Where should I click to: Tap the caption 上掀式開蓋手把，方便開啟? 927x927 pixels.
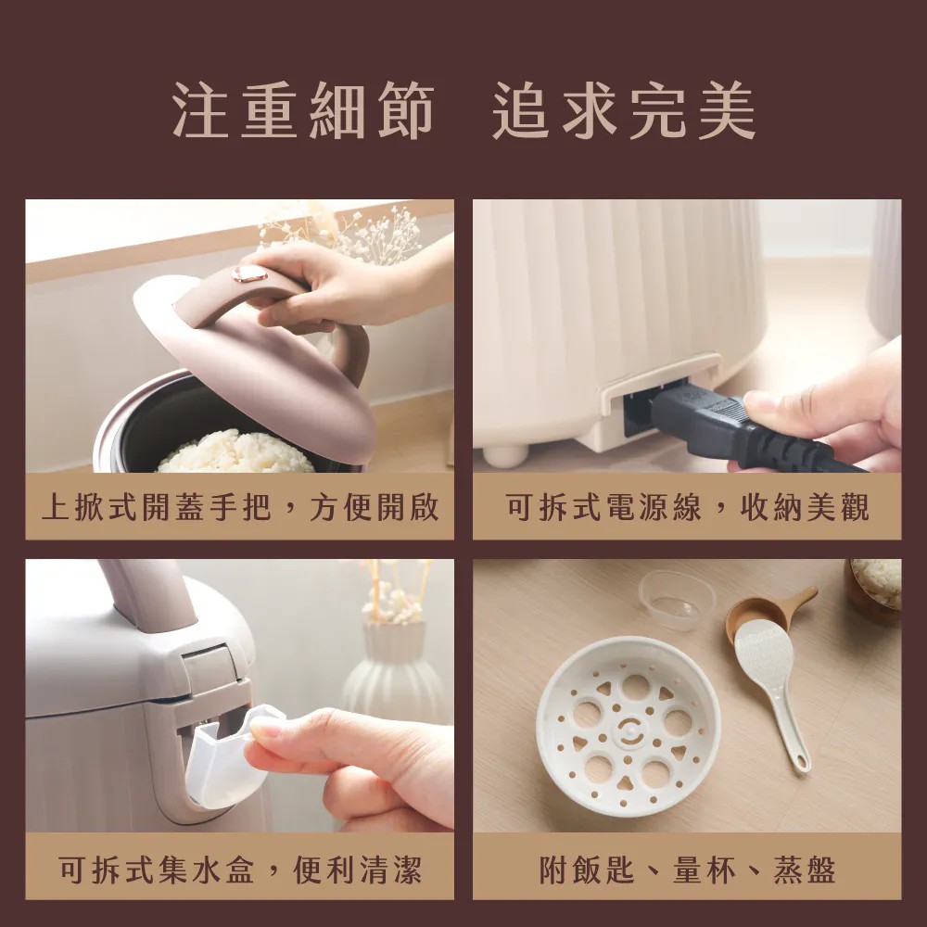coord(239,508)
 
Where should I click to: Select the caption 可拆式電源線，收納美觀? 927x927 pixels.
coord(687,508)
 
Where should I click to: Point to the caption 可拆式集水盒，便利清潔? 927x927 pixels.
coord(239,870)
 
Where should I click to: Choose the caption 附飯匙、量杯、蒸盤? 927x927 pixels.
coord(687,870)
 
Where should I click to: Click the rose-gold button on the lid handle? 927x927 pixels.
coord(248,273)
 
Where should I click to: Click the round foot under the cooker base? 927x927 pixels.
coord(505,455)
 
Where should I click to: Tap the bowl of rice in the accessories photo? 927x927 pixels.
coord(875,584)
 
